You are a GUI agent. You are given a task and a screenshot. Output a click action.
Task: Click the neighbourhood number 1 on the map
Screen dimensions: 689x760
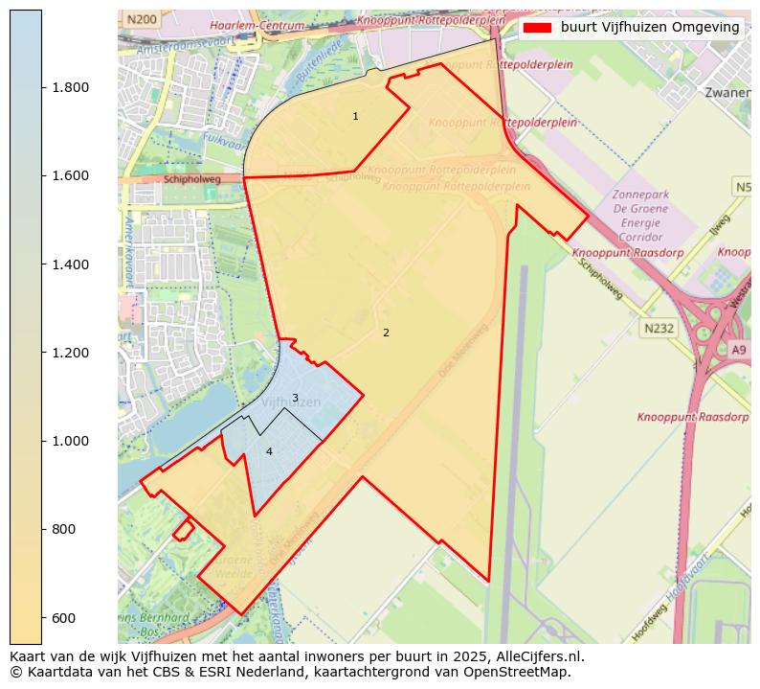pyautogui.click(x=355, y=117)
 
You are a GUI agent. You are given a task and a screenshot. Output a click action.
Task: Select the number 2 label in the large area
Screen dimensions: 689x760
pyautogui.click(x=386, y=333)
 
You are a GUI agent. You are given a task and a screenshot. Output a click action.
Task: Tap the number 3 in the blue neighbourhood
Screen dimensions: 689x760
pyautogui.click(x=295, y=398)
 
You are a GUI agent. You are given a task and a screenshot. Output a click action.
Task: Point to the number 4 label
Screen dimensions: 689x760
pyautogui.click(x=269, y=451)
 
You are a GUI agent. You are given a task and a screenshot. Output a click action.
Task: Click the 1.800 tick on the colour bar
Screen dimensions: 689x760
pyautogui.click(x=69, y=87)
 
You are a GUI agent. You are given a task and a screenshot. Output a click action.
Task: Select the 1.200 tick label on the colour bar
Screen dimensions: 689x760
pyautogui.click(x=69, y=353)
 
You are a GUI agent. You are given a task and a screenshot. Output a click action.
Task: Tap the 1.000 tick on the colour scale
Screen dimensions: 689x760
pyautogui.click(x=69, y=441)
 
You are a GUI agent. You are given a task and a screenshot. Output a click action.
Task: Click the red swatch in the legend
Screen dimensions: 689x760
pyautogui.click(x=538, y=28)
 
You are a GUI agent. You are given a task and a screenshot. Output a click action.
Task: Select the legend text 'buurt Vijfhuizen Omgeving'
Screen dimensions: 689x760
pyautogui.click(x=650, y=28)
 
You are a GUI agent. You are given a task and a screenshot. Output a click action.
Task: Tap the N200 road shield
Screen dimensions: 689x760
pyautogui.click(x=142, y=19)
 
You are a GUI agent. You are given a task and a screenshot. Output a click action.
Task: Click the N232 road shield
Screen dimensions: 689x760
pyautogui.click(x=659, y=328)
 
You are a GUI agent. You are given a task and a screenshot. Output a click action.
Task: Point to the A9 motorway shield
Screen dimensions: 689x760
pyautogui.click(x=738, y=350)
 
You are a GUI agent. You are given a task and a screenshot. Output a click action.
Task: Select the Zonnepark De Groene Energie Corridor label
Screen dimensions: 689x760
pyautogui.click(x=640, y=215)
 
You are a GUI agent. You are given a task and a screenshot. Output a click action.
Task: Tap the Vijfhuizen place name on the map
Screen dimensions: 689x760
pyautogui.click(x=290, y=403)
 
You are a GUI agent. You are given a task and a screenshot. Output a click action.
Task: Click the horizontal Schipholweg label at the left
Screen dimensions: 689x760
pyautogui.click(x=191, y=178)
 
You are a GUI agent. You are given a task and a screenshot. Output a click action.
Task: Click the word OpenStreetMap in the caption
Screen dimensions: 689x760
pyautogui.click(x=520, y=672)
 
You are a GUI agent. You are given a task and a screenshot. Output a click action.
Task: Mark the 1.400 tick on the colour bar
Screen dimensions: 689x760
pyautogui.click(x=69, y=264)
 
